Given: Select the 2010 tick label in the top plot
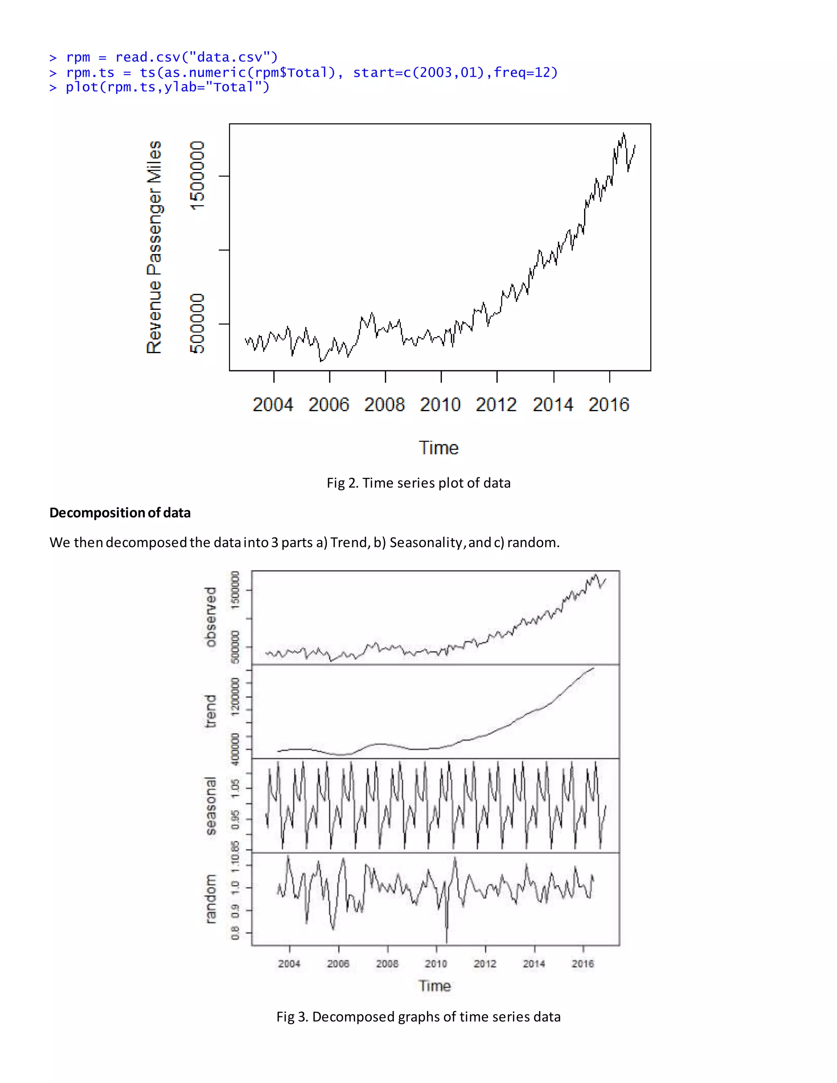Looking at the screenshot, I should [x=440, y=405].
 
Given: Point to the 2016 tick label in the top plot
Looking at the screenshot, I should [x=609, y=405].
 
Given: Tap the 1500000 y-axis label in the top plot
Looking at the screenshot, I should [x=197, y=176].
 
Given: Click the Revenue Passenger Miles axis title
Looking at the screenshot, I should [x=154, y=247].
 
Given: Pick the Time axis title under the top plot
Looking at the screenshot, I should [x=439, y=448].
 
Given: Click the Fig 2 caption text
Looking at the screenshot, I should [x=418, y=483].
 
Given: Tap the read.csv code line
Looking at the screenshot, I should [x=171, y=57].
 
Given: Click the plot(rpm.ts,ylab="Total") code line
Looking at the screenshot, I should [x=167, y=87].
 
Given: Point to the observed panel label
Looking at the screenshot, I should [x=211, y=617].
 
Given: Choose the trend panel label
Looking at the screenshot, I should [x=211, y=711].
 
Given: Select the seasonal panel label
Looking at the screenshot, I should [x=211, y=806].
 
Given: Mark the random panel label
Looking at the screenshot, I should [x=211, y=899].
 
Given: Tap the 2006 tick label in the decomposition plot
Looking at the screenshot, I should [x=338, y=964].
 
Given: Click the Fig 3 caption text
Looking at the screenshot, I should [x=418, y=1016].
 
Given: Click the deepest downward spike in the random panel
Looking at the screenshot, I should [x=447, y=941].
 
